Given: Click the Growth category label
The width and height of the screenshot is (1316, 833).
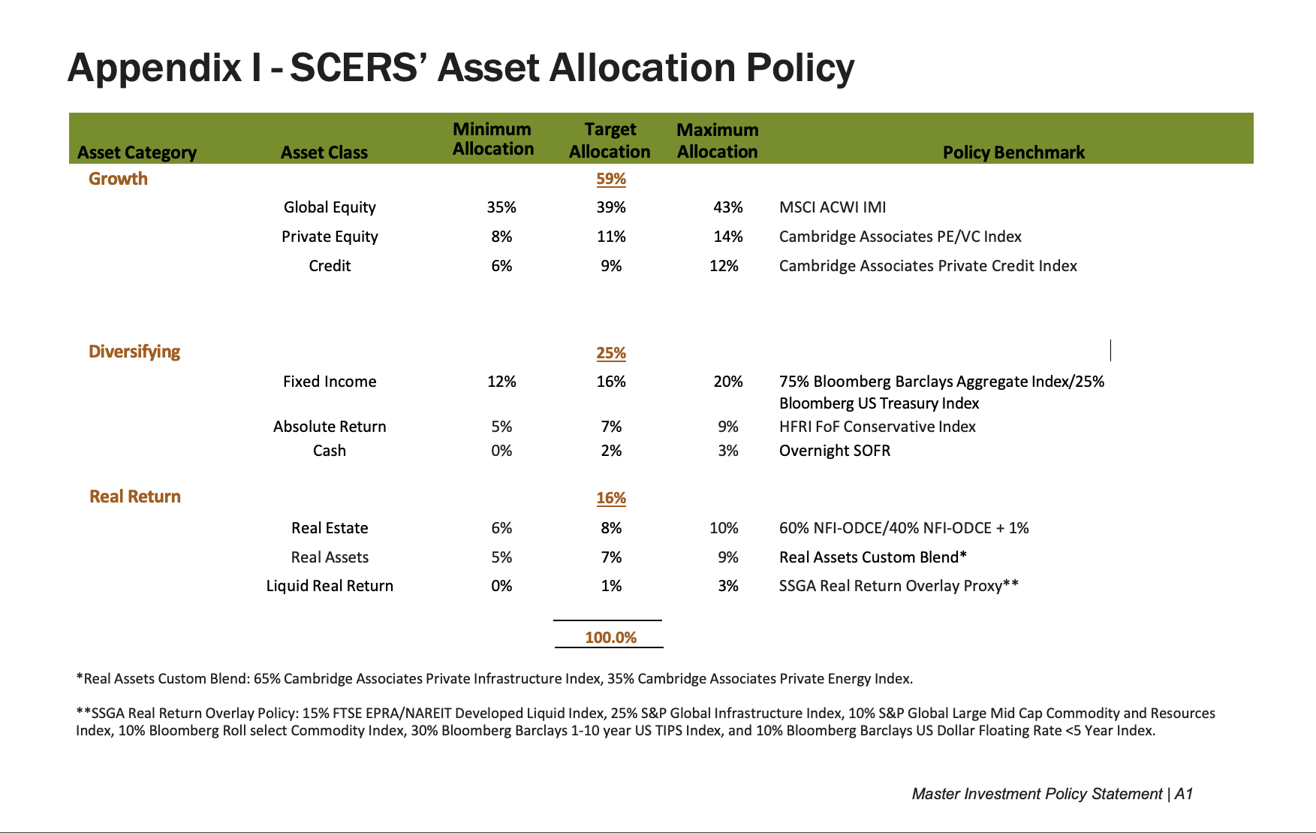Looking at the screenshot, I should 118,179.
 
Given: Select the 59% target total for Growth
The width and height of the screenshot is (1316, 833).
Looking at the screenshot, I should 610,179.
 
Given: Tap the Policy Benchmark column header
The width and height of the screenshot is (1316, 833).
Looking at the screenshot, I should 1013,152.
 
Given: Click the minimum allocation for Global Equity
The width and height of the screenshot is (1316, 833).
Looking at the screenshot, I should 501,207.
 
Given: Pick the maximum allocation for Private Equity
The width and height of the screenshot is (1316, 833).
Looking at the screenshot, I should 727,237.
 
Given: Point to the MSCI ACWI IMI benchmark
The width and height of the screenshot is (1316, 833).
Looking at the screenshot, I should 832,207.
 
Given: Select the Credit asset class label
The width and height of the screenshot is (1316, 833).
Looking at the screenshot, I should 330,266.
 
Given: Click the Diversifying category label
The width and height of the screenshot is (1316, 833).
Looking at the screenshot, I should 134,352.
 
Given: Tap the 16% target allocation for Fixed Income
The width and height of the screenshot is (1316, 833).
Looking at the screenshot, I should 610,382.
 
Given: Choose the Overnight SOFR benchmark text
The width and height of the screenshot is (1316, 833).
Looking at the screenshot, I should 834,451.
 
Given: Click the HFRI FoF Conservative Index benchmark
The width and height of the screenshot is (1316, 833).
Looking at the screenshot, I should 877,427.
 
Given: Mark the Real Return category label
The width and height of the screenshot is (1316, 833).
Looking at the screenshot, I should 135,496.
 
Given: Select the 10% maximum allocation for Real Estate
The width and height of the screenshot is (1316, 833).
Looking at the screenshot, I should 724,528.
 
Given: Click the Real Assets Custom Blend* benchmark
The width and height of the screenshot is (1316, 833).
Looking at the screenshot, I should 872,557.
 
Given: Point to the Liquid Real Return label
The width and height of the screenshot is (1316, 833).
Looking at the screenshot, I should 330,586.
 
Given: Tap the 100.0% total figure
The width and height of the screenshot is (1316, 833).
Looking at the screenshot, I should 610,638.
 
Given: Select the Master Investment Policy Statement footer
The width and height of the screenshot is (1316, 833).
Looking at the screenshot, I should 1037,794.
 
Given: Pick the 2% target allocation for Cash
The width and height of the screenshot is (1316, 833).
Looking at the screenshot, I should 610,451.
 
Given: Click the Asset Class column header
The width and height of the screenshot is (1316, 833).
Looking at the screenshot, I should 324,152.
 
